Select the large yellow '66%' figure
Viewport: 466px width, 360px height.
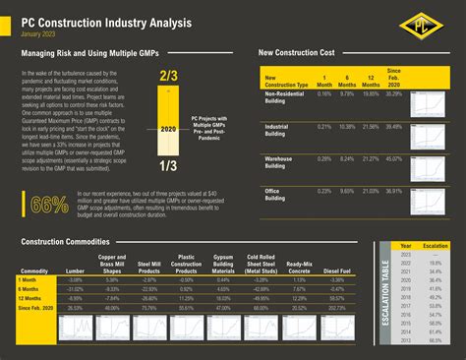pos(50,205)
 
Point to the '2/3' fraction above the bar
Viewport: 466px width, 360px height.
pos(169,75)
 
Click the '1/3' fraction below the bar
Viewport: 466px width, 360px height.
pos(169,166)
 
